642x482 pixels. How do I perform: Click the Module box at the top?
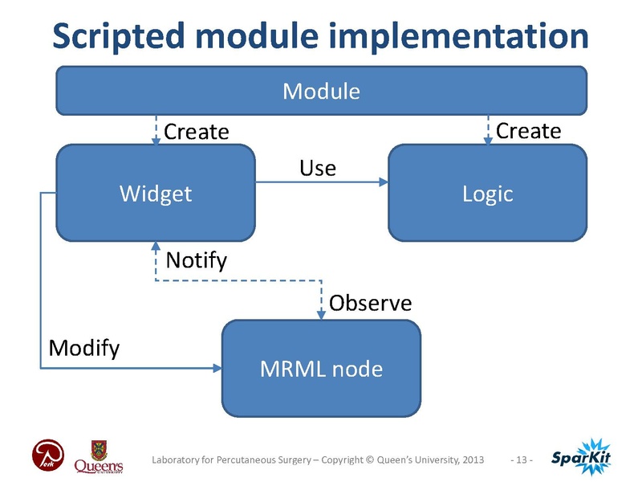pyautogui.click(x=321, y=90)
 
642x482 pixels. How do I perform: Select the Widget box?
pyautogui.click(x=155, y=193)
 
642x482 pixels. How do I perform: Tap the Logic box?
pyautogui.click(x=487, y=193)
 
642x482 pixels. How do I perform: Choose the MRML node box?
pyautogui.click(x=321, y=369)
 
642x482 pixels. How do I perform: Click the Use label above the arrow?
pyautogui.click(x=317, y=168)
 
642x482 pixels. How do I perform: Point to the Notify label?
pyautogui.click(x=196, y=260)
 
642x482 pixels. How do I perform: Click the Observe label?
pyautogui.click(x=370, y=303)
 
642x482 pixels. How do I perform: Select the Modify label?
pyautogui.click(x=84, y=348)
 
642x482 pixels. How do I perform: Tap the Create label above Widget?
pyautogui.click(x=197, y=131)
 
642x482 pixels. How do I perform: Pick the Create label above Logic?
pyautogui.click(x=528, y=129)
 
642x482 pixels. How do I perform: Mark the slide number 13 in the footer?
pyautogui.click(x=522, y=460)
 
